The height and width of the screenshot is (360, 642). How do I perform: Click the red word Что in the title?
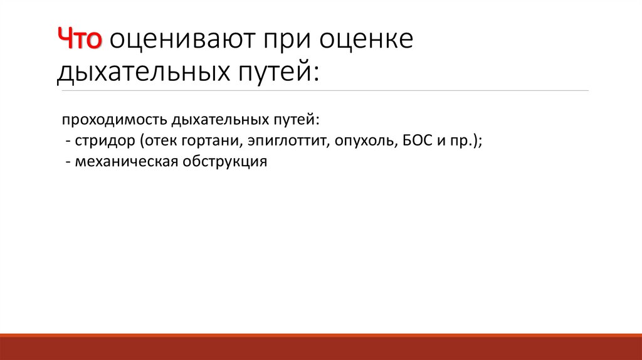tap(80, 40)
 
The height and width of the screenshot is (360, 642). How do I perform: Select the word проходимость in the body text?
tap(107, 120)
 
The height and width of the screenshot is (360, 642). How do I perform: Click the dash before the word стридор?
tap(67, 141)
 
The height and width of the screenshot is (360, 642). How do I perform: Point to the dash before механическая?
tap(67, 162)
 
